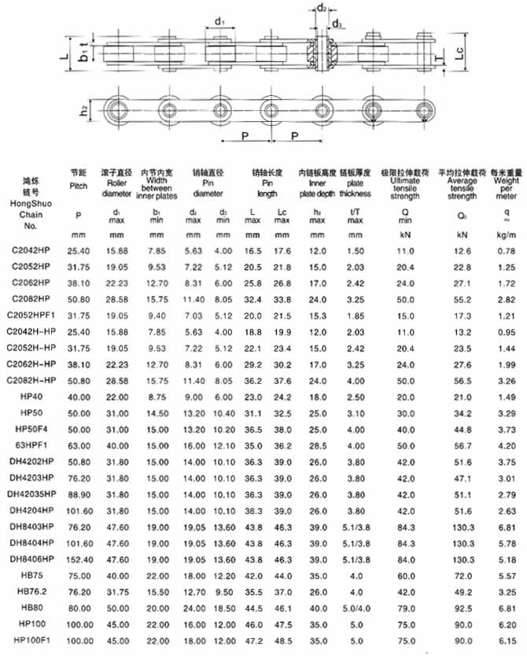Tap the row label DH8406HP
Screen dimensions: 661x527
click(31, 559)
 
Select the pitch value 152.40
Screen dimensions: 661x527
click(78, 559)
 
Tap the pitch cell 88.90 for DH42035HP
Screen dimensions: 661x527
click(78, 493)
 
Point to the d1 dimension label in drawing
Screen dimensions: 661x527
click(219, 20)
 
